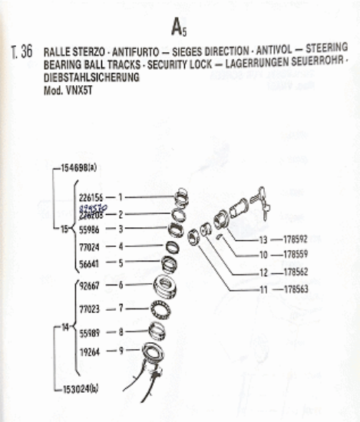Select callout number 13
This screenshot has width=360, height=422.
point(263,239)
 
